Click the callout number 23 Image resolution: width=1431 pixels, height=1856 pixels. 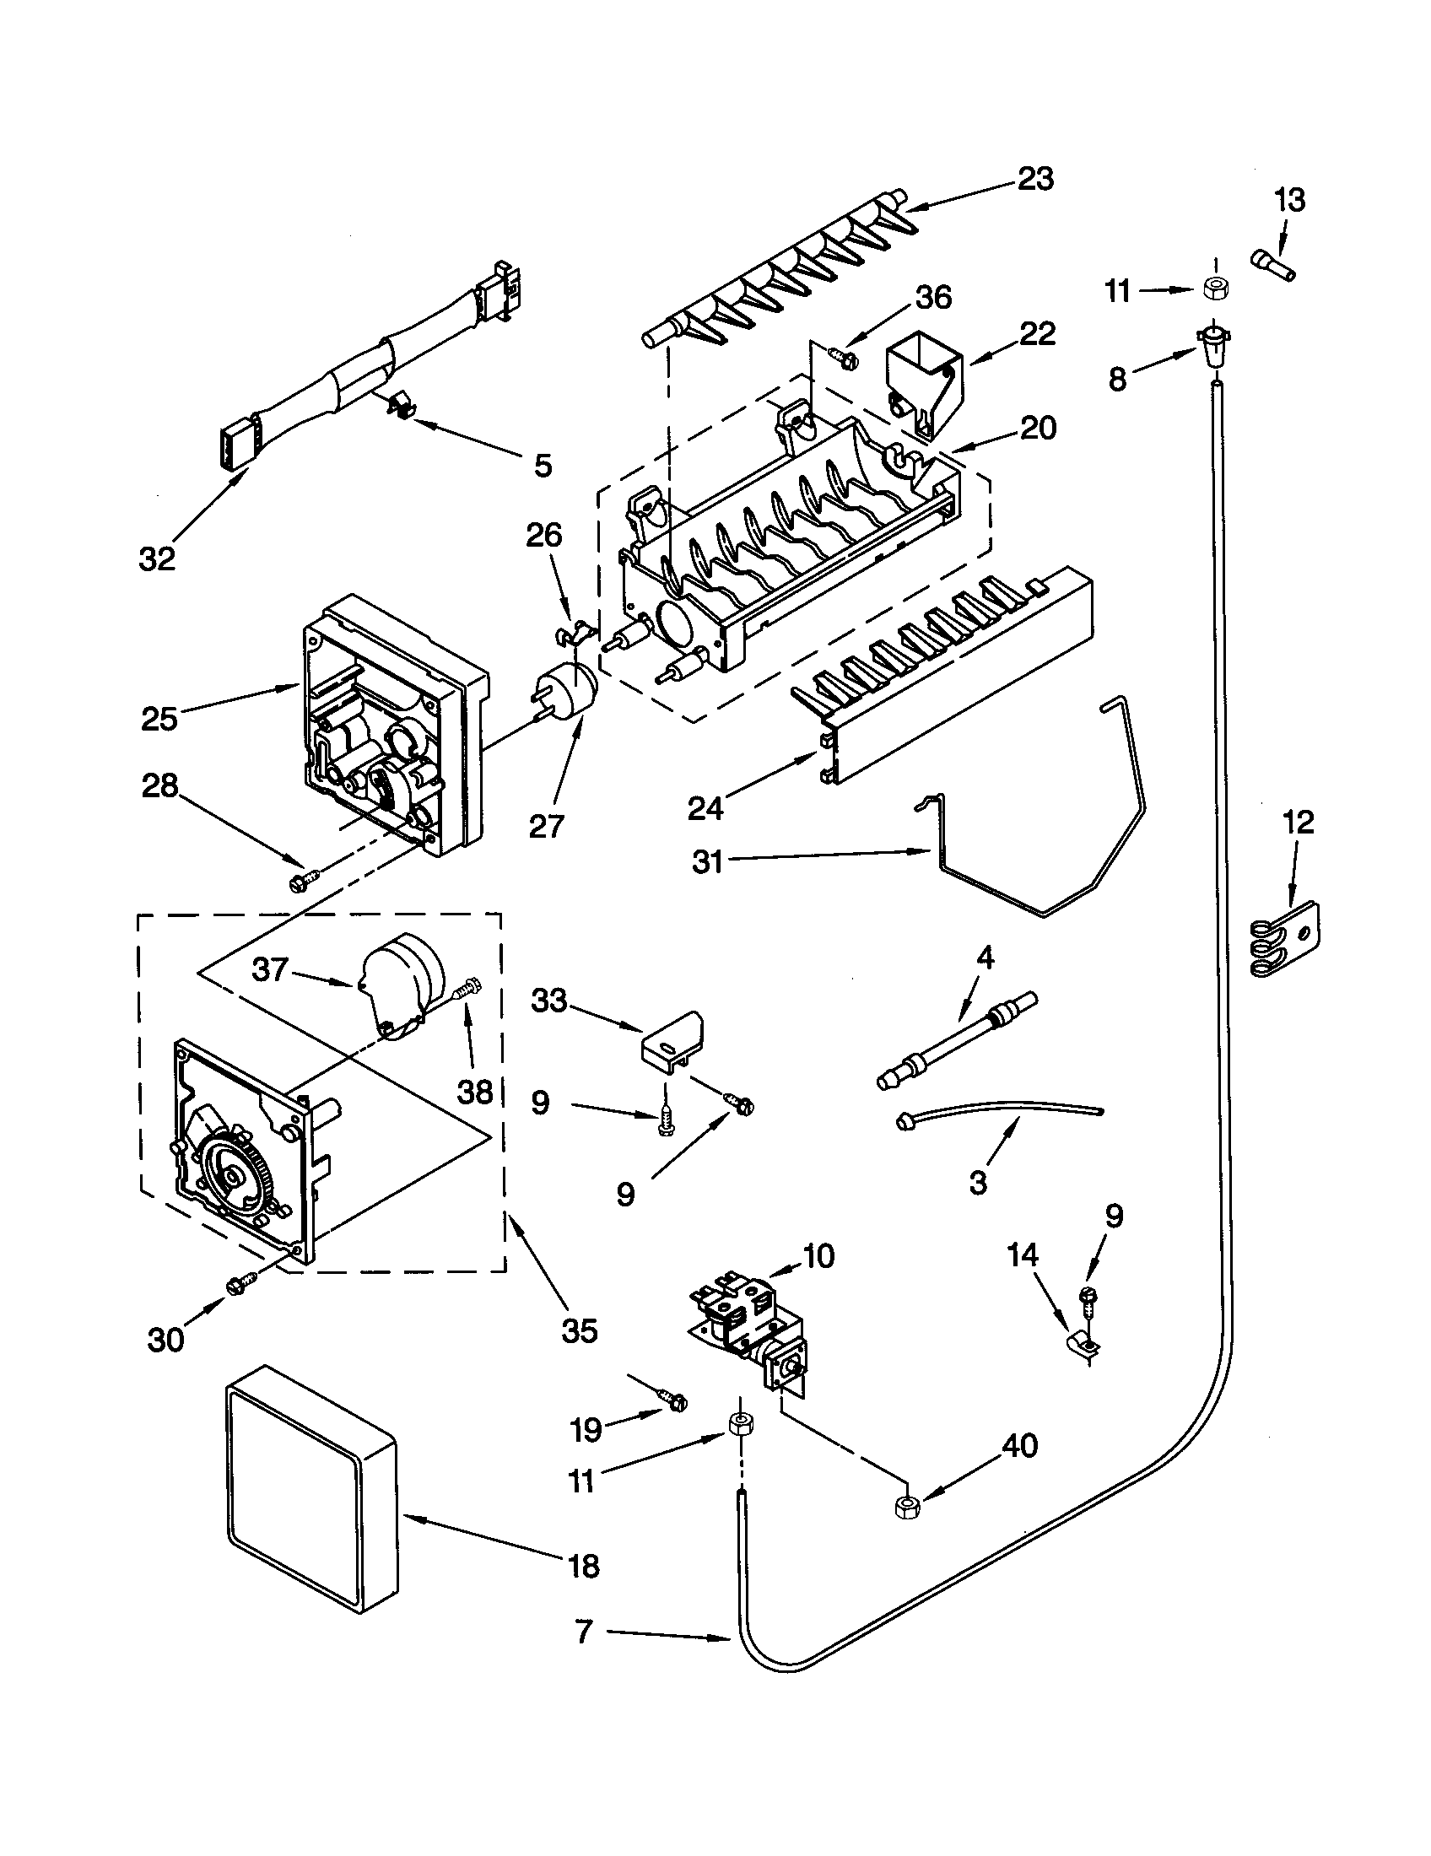pyautogui.click(x=1035, y=179)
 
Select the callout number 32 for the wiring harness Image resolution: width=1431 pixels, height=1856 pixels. pyautogui.click(x=157, y=558)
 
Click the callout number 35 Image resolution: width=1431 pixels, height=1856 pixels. pyautogui.click(x=579, y=1330)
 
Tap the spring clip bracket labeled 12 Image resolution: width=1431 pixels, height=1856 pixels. pyautogui.click(x=1285, y=943)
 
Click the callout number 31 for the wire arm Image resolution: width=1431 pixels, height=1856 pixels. pyautogui.click(x=707, y=861)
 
